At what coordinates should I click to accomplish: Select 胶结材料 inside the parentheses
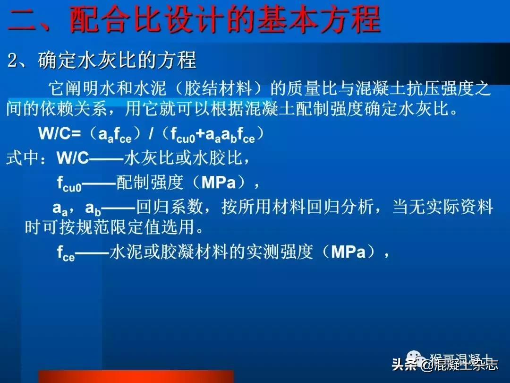(x=215, y=89)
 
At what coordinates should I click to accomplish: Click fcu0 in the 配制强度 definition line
(x=69, y=183)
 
